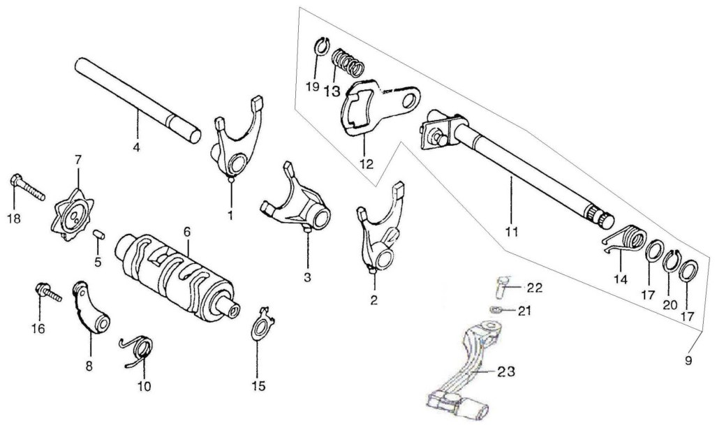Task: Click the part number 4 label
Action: point(136,147)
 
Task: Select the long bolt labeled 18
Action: point(27,188)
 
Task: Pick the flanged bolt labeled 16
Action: point(47,293)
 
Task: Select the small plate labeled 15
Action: point(263,325)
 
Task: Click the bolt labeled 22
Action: point(502,288)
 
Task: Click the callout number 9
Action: point(688,361)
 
